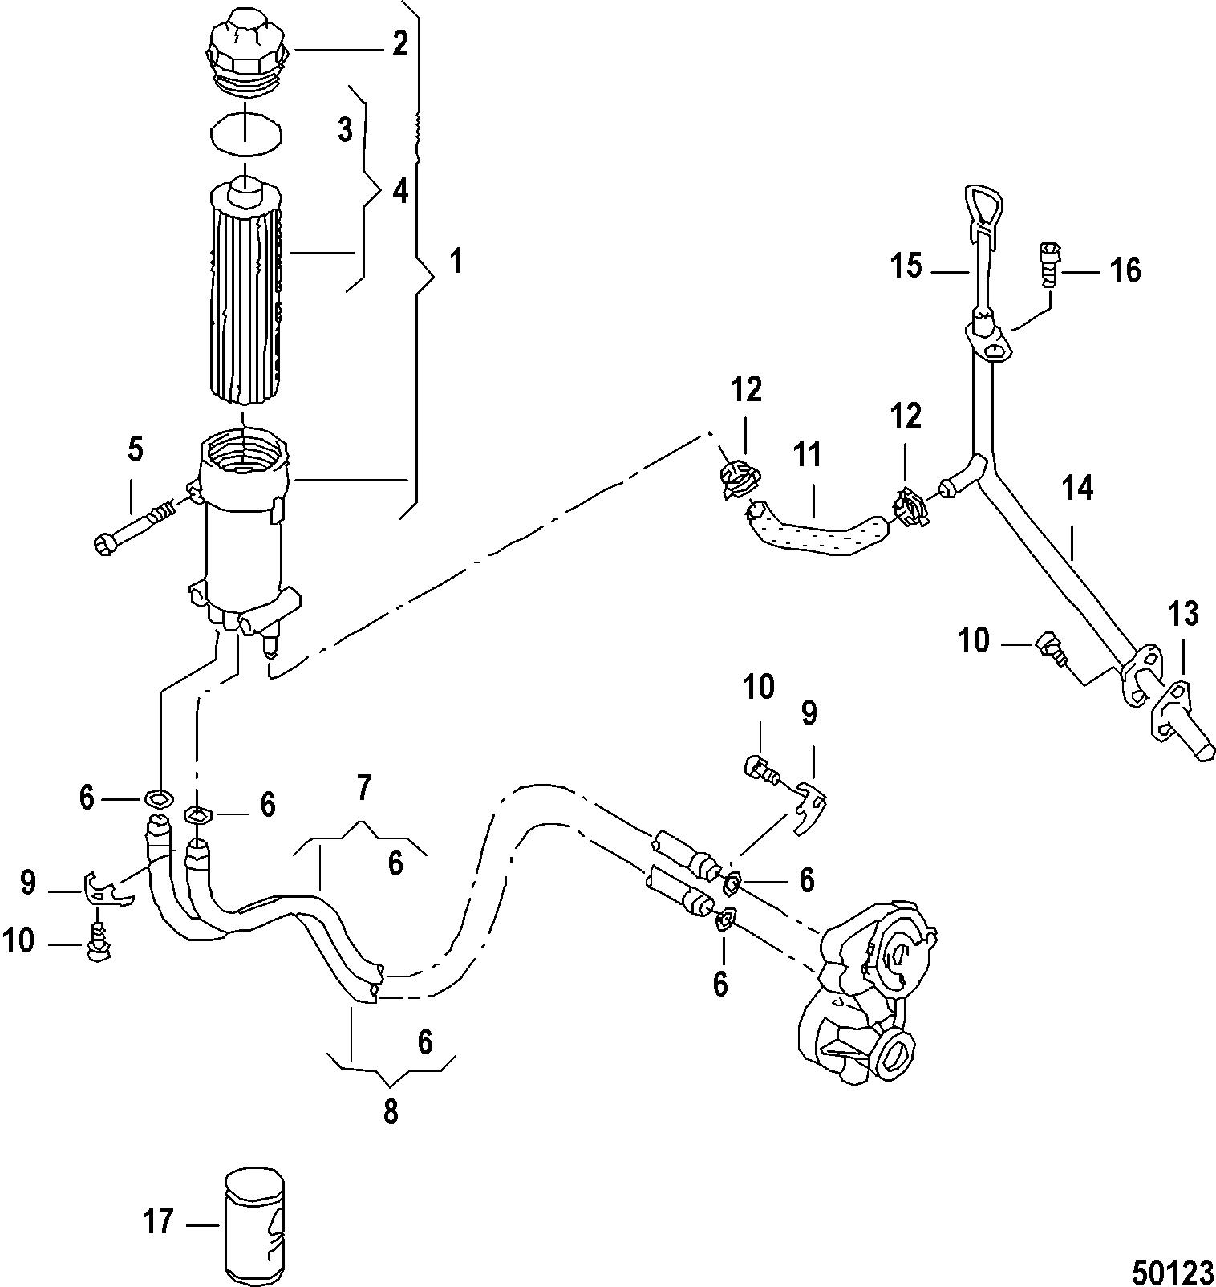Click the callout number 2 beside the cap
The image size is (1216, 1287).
(x=399, y=44)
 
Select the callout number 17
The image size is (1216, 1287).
(x=158, y=1223)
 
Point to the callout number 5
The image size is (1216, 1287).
(x=136, y=451)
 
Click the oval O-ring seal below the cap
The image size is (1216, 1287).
(x=245, y=132)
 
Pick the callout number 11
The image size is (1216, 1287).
(x=808, y=455)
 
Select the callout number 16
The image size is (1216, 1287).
(x=1125, y=270)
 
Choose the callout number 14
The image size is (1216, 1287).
(x=1078, y=487)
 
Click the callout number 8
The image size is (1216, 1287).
(x=391, y=1113)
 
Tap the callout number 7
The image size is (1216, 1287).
(x=363, y=789)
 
